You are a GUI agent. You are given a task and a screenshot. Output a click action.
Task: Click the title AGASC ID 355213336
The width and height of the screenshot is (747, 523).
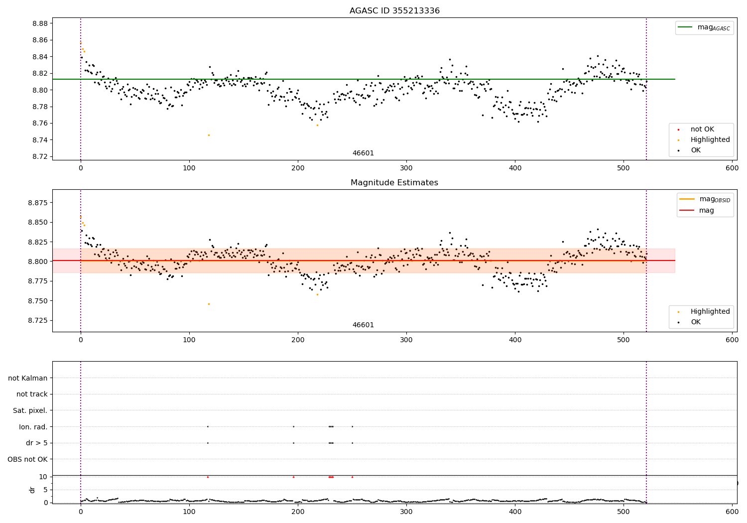[394, 11]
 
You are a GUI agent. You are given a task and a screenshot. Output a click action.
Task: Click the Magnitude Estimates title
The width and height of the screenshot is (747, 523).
[394, 183]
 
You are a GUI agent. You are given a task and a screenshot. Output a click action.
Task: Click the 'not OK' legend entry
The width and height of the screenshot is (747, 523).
[702, 130]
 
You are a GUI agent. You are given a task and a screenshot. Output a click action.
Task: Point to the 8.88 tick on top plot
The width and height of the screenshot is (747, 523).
[40, 23]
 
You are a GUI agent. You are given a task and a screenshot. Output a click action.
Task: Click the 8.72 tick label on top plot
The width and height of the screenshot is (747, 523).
[40, 156]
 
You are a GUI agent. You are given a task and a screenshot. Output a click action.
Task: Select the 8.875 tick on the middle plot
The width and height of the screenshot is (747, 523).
[38, 203]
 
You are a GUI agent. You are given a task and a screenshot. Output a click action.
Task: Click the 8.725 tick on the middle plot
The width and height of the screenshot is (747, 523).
[38, 320]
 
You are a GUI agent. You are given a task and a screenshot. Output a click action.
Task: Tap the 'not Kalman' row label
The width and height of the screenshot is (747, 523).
[28, 378]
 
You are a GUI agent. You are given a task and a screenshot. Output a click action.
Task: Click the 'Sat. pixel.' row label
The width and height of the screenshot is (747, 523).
[30, 411]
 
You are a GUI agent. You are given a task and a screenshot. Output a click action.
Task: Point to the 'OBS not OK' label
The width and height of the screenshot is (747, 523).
[28, 459]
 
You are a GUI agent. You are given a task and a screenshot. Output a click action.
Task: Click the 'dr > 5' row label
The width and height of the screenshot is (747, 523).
[37, 443]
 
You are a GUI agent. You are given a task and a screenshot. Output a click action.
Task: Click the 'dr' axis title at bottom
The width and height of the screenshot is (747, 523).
[32, 490]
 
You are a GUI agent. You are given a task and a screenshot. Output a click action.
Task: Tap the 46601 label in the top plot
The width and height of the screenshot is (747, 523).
[363, 153]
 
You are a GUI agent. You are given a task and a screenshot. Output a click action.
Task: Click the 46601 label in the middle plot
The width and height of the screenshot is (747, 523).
[363, 325]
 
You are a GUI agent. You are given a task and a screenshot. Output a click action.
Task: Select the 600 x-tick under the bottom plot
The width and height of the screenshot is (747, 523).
[732, 512]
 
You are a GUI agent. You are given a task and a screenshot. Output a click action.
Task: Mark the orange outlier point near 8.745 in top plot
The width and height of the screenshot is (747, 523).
[209, 135]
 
